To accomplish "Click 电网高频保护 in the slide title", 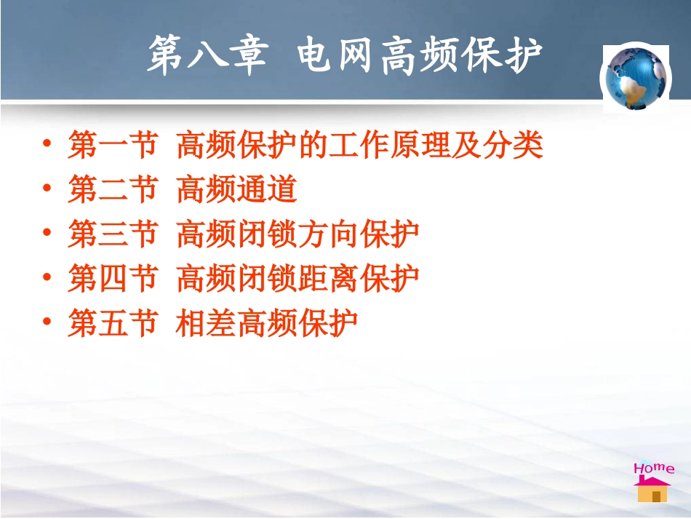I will [420, 56].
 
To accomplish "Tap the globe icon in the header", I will [635, 77].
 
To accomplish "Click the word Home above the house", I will [653, 468].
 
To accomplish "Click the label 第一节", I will [113, 146].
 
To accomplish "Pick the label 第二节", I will [113, 189].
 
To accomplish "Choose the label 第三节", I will [113, 234].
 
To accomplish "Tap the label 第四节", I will [113, 278].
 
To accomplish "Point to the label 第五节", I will [113, 322].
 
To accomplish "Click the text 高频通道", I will [237, 189].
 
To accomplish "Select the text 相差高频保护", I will [267, 322].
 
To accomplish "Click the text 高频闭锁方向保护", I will [297, 234].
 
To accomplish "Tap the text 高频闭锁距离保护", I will [297, 278].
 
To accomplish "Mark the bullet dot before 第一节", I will [47, 145].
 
